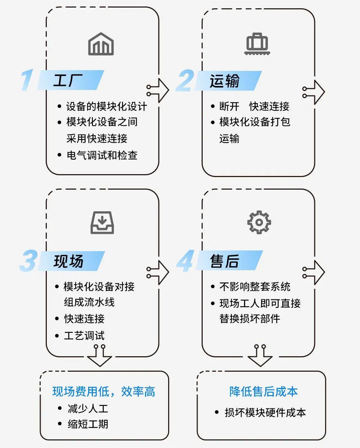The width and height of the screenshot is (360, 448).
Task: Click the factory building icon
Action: (101, 44)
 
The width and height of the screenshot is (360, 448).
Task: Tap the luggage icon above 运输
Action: (257, 44)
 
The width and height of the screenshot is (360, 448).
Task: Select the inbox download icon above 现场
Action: (102, 222)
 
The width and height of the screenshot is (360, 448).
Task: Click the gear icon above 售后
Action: (259, 222)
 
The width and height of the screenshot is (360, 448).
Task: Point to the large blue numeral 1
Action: (27, 80)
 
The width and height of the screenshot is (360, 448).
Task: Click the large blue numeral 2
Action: (185, 80)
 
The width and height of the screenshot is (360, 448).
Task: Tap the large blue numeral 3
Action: (29, 261)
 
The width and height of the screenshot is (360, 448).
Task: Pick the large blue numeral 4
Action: (185, 261)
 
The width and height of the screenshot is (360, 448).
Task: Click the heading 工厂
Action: (68, 80)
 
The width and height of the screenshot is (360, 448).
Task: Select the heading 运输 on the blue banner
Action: (224, 81)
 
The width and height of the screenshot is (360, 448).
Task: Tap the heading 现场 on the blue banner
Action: (68, 261)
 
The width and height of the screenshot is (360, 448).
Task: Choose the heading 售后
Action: (224, 261)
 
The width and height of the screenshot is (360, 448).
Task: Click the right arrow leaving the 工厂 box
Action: (158, 91)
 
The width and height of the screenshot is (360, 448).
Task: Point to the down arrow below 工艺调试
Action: (100, 356)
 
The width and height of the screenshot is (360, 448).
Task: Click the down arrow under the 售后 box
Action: (260, 356)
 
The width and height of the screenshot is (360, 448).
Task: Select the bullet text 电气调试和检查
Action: (102, 155)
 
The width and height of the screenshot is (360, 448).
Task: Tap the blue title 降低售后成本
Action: (263, 392)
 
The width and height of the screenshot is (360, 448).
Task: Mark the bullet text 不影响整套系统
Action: (255, 287)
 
